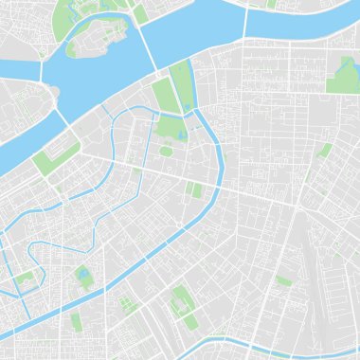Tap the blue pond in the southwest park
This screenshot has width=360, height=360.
coord(83,276)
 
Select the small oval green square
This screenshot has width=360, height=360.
coord(167,151)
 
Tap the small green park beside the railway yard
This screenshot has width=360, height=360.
coord(284,280)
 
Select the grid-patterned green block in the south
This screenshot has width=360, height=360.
coord(125,304)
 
